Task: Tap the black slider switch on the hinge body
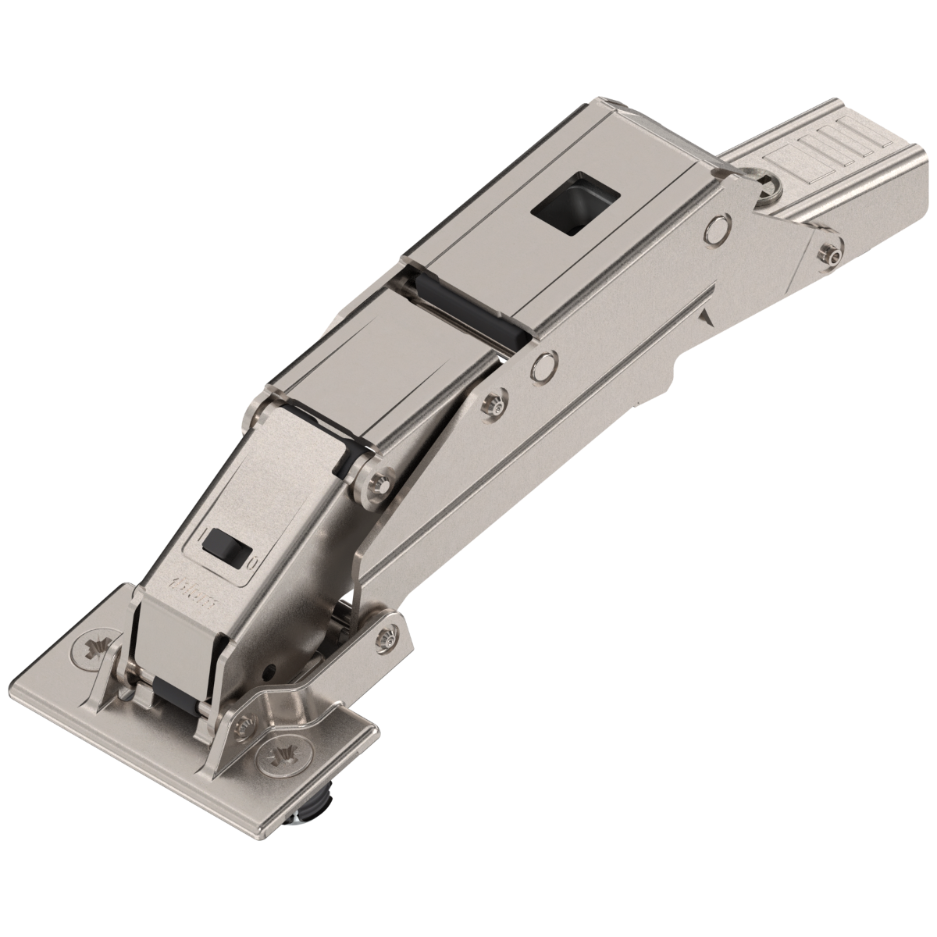(x=225, y=544)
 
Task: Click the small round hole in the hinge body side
(x=269, y=670)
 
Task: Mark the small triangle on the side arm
(x=707, y=317)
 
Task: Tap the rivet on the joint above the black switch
(x=379, y=479)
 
